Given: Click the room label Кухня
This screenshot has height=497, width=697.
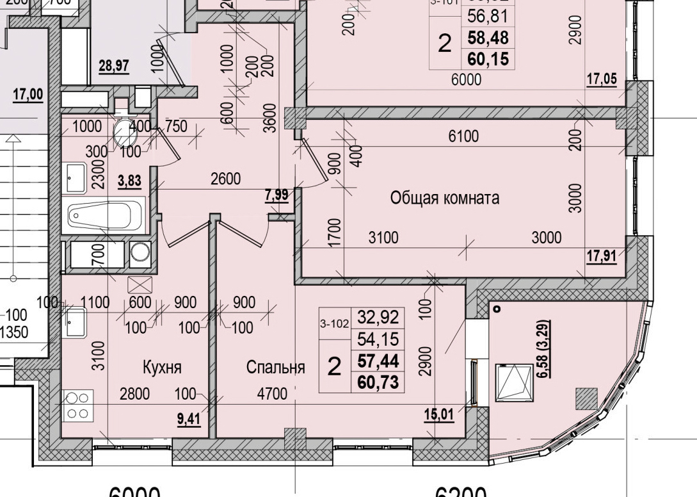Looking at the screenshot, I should [x=163, y=368].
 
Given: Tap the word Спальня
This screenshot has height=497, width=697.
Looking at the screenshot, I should [x=275, y=368].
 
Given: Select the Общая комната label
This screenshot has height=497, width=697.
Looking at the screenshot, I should [x=445, y=199].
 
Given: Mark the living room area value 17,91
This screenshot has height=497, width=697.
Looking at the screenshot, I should [x=602, y=256].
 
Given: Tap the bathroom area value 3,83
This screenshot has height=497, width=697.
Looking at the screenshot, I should [x=130, y=183].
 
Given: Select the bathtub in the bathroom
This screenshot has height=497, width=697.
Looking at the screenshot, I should [x=106, y=216].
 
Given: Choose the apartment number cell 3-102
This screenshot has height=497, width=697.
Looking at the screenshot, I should [x=334, y=324].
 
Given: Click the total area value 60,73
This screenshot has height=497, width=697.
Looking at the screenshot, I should [x=378, y=383].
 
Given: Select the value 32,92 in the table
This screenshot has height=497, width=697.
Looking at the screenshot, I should [x=378, y=317].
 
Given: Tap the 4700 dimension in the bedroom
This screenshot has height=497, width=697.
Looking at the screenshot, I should [x=271, y=393].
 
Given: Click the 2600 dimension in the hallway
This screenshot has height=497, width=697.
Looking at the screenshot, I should [x=226, y=179].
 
